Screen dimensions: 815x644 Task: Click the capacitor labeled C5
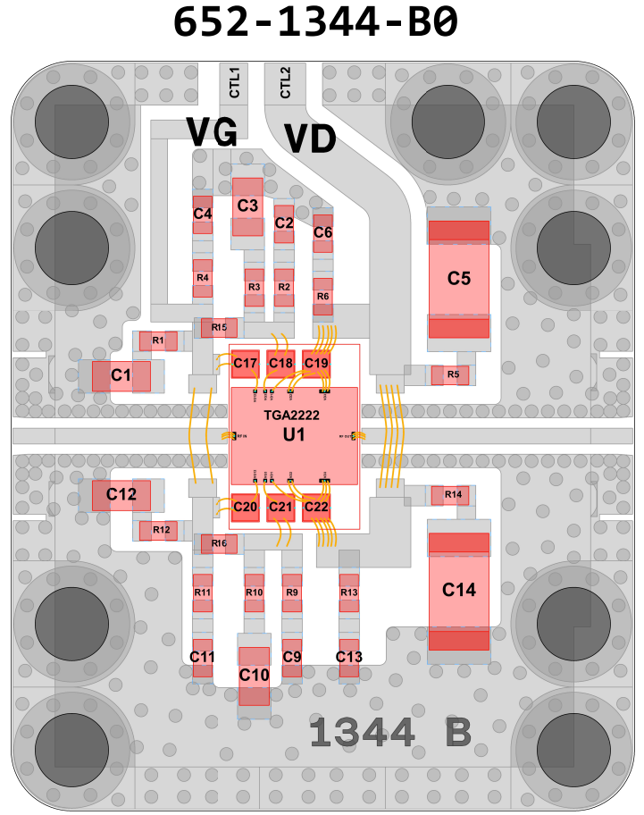[459, 278]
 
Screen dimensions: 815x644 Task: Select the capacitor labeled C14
[459, 590]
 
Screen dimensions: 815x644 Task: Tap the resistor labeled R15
[219, 327]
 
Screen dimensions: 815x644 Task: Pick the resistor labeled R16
[219, 543]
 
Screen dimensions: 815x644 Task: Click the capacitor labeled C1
[121, 376]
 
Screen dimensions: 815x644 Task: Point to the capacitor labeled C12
[121, 493]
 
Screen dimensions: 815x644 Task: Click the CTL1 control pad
[235, 81]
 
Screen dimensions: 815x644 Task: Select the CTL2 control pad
[285, 81]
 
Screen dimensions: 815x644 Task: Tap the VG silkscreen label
[212, 132]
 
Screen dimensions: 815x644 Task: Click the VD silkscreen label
[310, 139]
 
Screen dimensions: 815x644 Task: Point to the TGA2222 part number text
[291, 416]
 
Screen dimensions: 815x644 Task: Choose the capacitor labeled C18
[280, 363]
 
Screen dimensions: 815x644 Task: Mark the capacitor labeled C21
[280, 507]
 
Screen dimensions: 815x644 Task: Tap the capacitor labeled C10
[254, 674]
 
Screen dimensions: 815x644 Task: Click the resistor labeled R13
[348, 592]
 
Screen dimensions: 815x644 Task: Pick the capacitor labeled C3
[247, 206]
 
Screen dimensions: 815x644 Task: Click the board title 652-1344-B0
[314, 23]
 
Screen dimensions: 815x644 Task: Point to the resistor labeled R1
[157, 340]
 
